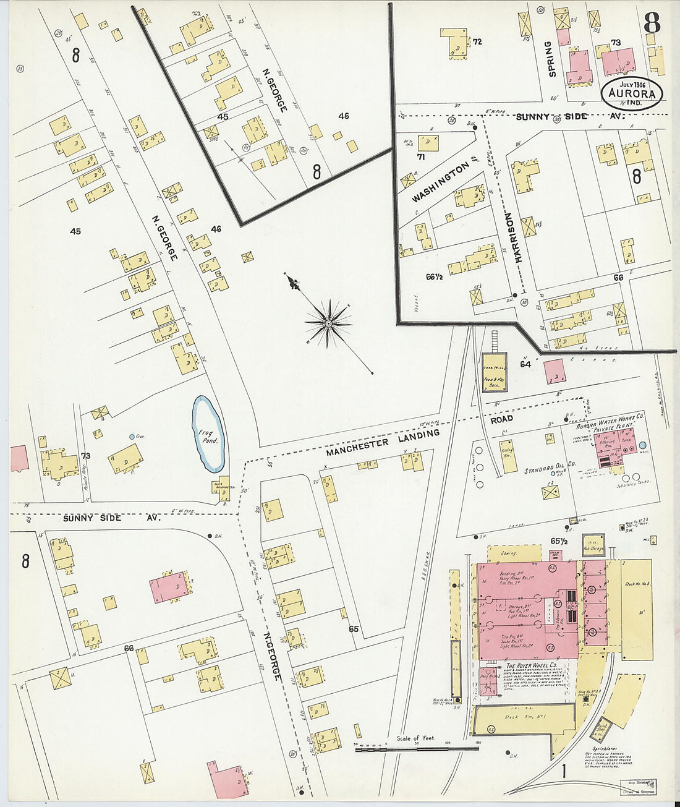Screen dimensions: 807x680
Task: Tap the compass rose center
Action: pyautogui.click(x=328, y=322)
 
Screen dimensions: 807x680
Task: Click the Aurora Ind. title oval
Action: pyautogui.click(x=632, y=93)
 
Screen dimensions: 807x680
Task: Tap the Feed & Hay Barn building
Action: pyautogui.click(x=494, y=373)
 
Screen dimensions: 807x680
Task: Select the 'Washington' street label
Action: pyautogui.click(x=440, y=182)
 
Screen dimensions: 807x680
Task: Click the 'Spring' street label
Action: pyautogui.click(x=552, y=59)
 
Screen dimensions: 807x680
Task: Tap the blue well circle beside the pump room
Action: pyautogui.click(x=642, y=445)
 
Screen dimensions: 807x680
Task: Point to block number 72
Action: pyautogui.click(x=477, y=42)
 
